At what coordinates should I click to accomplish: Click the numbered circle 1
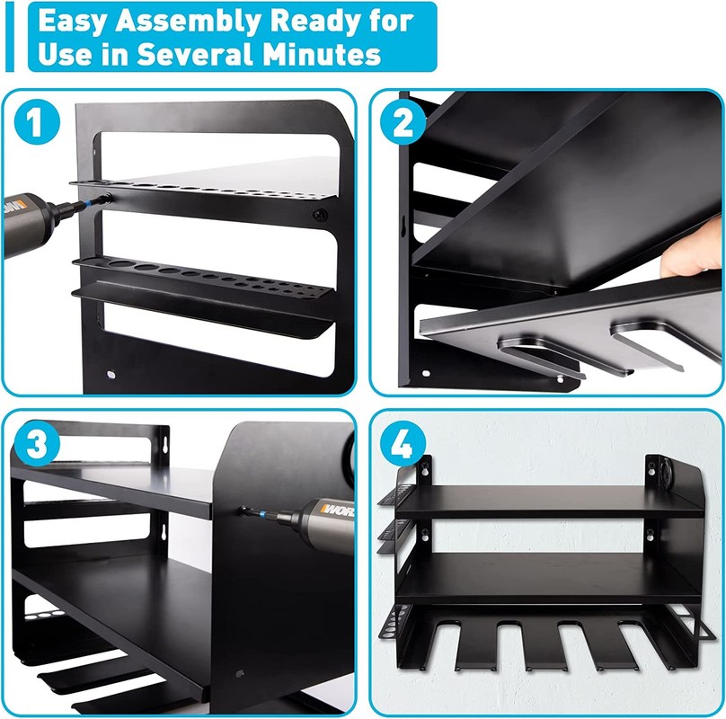pos(37,122)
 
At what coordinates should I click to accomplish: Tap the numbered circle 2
pos(403,122)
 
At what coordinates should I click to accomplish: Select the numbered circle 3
pos(37,443)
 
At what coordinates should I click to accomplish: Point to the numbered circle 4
pos(403,443)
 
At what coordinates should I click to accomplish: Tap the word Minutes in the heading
pos(322,54)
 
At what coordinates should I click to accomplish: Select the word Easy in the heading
pos(73,22)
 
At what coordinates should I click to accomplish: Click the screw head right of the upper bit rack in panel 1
pos(320,215)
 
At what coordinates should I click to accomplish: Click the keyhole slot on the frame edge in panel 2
pos(403,220)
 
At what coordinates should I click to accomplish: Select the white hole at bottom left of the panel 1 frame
pos(111,374)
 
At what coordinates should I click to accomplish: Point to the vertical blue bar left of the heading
pos(10,37)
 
